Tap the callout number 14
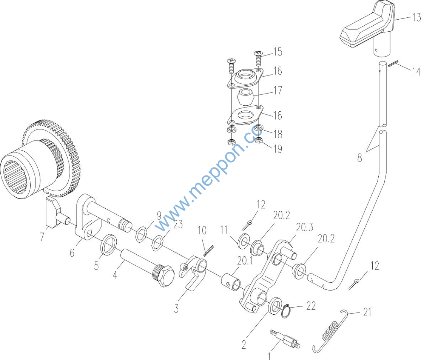pos(416,72)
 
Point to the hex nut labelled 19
pos(259,141)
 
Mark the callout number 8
pos(360,157)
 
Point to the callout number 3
pos(176,308)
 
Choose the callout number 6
pos(72,252)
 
